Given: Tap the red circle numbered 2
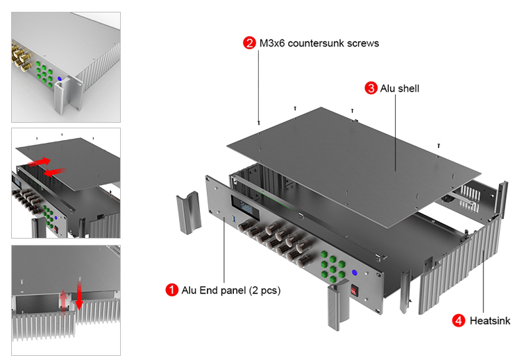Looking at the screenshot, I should point(249,43).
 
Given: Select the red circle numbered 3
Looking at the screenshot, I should point(371,88).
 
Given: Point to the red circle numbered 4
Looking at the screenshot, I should point(459,320).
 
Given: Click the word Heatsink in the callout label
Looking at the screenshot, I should point(490,321).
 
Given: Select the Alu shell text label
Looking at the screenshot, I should point(401,89).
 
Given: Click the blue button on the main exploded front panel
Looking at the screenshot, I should point(355,273).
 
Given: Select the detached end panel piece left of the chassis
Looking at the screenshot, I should point(187,214).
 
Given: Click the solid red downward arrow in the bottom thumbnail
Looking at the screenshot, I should point(79,295).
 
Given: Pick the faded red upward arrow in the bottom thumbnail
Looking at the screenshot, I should point(64,302).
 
